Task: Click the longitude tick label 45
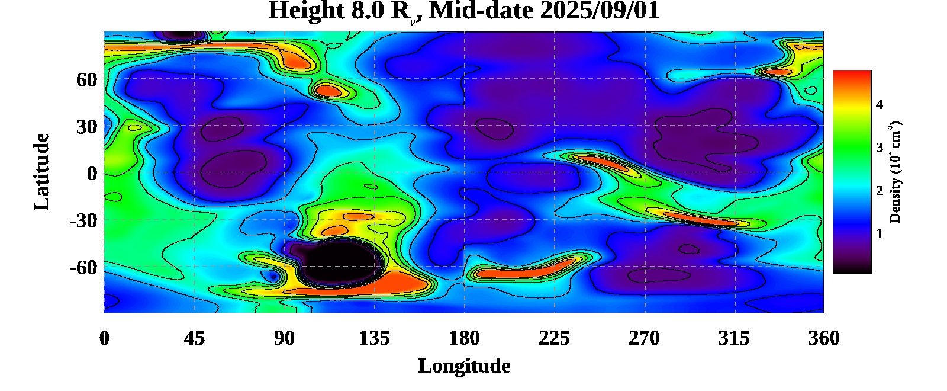[194, 338]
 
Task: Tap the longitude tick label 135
[374, 338]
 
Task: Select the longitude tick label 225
[554, 338]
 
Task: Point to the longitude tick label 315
[734, 338]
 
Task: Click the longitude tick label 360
[824, 338]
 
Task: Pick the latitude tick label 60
[86, 79]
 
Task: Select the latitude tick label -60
[83, 268]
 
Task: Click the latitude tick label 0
[92, 174]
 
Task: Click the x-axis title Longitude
[464, 366]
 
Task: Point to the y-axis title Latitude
[41, 172]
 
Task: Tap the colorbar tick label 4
[880, 105]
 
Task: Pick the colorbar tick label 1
[880, 234]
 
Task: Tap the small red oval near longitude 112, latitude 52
[328, 91]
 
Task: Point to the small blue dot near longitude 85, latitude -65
[273, 277]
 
